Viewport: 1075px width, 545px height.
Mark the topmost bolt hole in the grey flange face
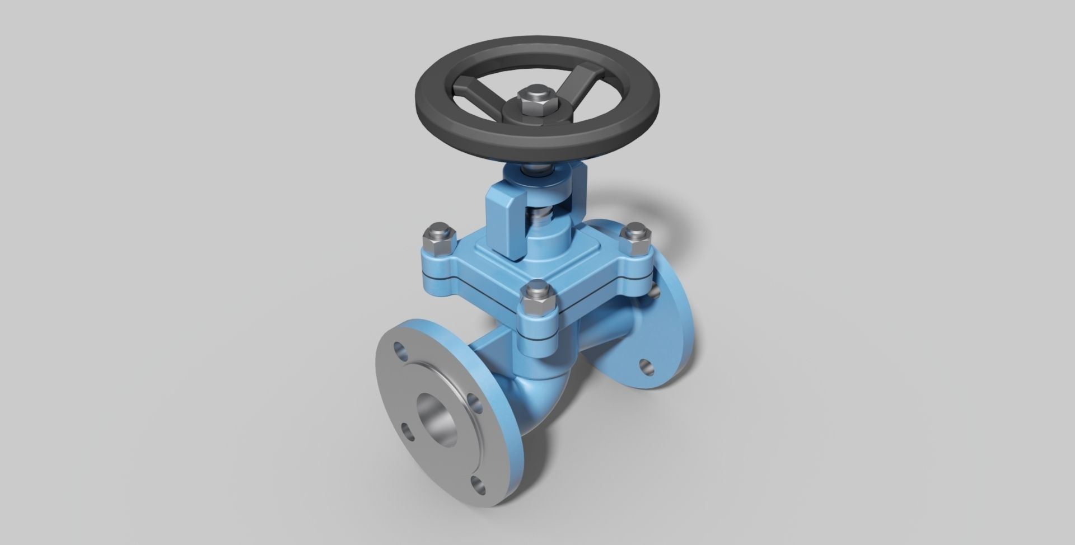coord(401,351)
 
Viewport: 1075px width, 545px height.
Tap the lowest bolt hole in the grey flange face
coord(478,468)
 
